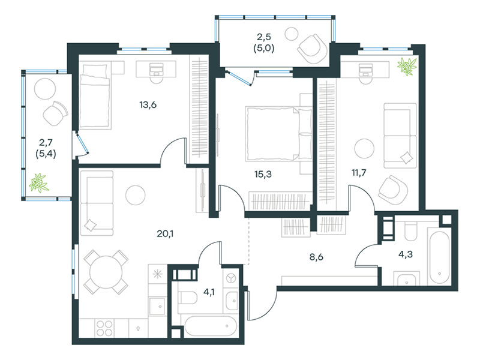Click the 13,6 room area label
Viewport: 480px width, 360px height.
coord(148,105)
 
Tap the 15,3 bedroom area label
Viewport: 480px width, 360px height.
coord(263,174)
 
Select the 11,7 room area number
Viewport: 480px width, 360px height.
coord(359,173)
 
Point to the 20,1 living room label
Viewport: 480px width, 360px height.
coord(165,234)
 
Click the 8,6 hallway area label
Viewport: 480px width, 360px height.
coord(316,257)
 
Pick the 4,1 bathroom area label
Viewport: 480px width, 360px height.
coord(209,292)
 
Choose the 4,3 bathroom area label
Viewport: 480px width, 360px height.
coord(406,254)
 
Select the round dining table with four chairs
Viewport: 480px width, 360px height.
coord(106,272)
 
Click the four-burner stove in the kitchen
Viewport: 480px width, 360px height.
coord(104,328)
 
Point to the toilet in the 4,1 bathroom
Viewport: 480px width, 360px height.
coord(188,298)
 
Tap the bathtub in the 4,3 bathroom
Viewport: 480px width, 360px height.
coord(439,258)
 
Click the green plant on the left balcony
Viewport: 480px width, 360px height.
coord(38,183)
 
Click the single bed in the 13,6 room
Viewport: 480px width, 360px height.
coord(95,95)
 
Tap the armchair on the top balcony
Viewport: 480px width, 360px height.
coord(312,49)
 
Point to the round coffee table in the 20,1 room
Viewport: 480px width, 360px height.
coord(136,195)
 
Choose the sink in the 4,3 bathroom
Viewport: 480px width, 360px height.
coord(407,280)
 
